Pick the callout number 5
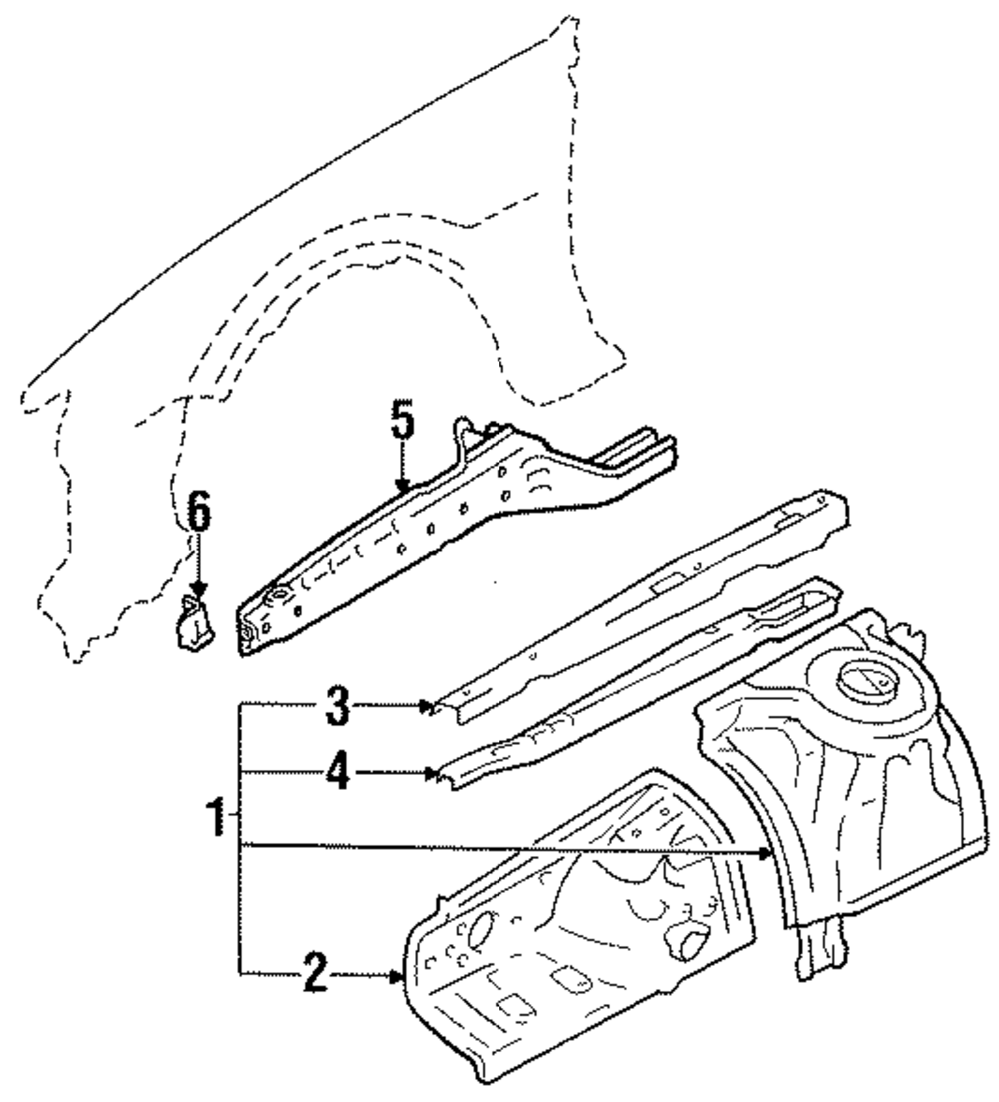click(x=400, y=423)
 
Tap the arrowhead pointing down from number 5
click(x=401, y=486)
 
